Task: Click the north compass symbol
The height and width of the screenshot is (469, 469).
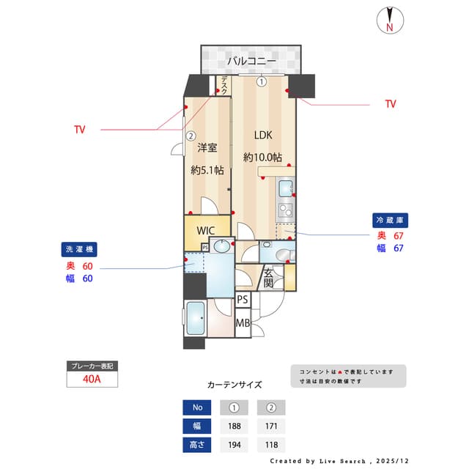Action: tap(391, 20)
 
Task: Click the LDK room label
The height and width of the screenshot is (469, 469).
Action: tap(263, 136)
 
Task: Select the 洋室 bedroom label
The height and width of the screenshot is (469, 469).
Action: tap(207, 147)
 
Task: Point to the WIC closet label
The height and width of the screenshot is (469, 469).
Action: tap(205, 229)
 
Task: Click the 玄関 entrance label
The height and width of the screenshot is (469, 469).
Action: tap(269, 278)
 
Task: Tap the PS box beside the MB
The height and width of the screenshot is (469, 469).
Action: tap(243, 300)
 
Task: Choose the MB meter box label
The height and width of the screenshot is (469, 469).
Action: tap(243, 322)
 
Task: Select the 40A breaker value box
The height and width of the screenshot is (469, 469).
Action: tap(92, 379)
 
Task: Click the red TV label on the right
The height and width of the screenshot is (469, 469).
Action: tap(391, 104)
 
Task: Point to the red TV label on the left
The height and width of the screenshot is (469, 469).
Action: tap(79, 130)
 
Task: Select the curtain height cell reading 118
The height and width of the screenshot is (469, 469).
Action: tap(270, 444)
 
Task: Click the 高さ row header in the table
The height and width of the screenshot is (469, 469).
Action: tap(196, 444)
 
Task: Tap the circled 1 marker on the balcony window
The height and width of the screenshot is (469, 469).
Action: tap(262, 82)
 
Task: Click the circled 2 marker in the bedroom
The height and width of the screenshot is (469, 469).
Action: tap(191, 135)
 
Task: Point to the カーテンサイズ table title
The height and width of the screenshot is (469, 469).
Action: tap(234, 384)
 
